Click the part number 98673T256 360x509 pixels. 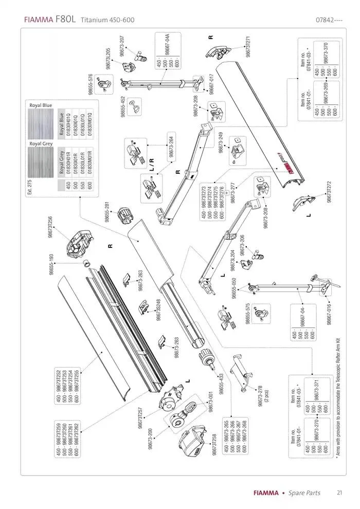pyautogui.click(x=50, y=227)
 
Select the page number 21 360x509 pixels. pyautogui.click(x=340, y=493)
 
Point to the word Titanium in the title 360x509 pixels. pyautogui.click(x=94, y=20)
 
